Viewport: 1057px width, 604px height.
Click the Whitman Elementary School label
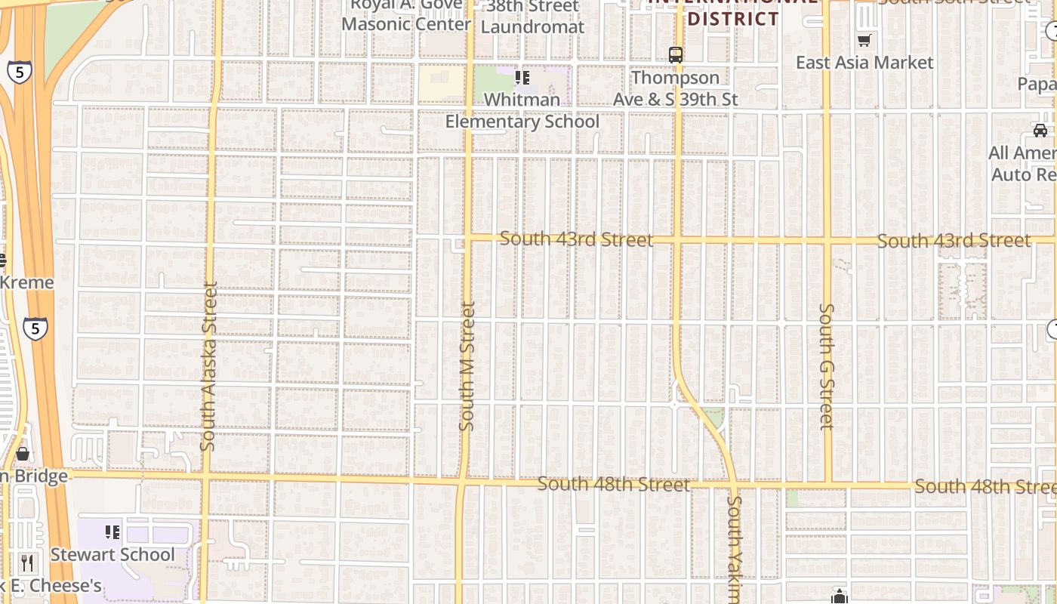tap(522, 110)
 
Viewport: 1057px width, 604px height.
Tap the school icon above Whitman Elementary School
tap(522, 78)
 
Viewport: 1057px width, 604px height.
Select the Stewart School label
tap(112, 555)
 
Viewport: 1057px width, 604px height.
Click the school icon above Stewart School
tap(112, 532)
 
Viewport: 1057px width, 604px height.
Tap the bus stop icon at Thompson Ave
tap(676, 55)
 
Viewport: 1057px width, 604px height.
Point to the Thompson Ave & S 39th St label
tap(676, 88)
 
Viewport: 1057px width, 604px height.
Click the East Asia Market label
tap(864, 63)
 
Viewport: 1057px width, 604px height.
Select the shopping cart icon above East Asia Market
tap(864, 40)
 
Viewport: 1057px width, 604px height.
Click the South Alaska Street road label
tap(209, 366)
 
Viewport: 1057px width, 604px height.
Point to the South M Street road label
tap(467, 366)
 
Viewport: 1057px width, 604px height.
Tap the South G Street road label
tap(827, 366)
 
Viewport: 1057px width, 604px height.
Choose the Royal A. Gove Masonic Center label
tap(406, 15)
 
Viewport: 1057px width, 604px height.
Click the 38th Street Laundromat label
tap(532, 17)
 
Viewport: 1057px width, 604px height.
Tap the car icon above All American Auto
tap(1040, 130)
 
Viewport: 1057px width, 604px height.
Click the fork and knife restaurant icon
tap(27, 562)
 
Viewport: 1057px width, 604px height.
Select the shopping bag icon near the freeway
tap(23, 453)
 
